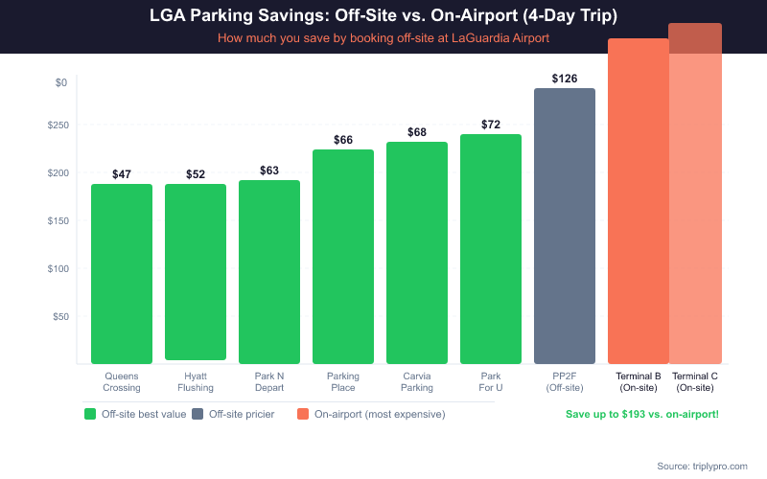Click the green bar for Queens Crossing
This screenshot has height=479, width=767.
pyautogui.click(x=122, y=273)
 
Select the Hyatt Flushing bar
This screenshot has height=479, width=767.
pyautogui.click(x=196, y=272)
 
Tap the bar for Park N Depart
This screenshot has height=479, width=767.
pyautogui.click(x=269, y=272)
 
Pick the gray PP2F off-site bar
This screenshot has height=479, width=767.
pyautogui.click(x=565, y=226)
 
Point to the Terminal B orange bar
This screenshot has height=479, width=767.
pyautogui.click(x=638, y=201)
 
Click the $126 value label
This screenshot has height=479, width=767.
pyautogui.click(x=565, y=79)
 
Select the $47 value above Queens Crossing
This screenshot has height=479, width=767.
pyautogui.click(x=122, y=174)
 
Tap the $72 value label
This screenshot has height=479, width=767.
pyautogui.click(x=491, y=125)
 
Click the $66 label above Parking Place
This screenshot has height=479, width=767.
pyautogui.click(x=343, y=140)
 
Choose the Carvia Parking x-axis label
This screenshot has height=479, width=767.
pyautogui.click(x=417, y=382)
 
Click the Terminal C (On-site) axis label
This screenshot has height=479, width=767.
pyautogui.click(x=695, y=382)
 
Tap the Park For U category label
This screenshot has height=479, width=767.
pyautogui.click(x=491, y=382)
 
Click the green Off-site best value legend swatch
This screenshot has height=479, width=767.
pyautogui.click(x=90, y=414)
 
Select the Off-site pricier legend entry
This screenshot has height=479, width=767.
pyautogui.click(x=233, y=414)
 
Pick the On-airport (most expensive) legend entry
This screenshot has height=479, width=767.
pyautogui.click(x=371, y=414)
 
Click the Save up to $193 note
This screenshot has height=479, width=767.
pyautogui.click(x=641, y=414)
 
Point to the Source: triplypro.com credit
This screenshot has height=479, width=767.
pyautogui.click(x=702, y=466)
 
